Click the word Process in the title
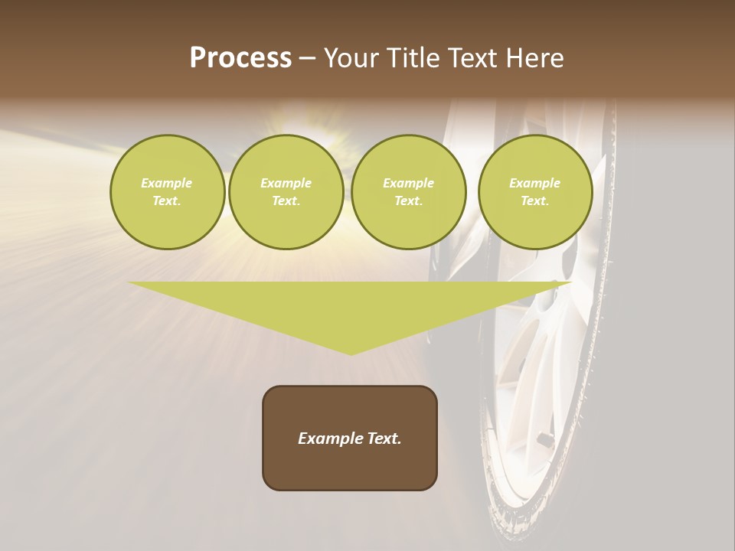click(240, 58)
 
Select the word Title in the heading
click(414, 58)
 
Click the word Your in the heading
click(353, 58)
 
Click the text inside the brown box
click(350, 439)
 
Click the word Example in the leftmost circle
click(167, 183)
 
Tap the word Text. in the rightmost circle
click(534, 201)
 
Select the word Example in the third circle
click(408, 183)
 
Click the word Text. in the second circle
click(286, 201)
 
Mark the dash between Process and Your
click(307, 59)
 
